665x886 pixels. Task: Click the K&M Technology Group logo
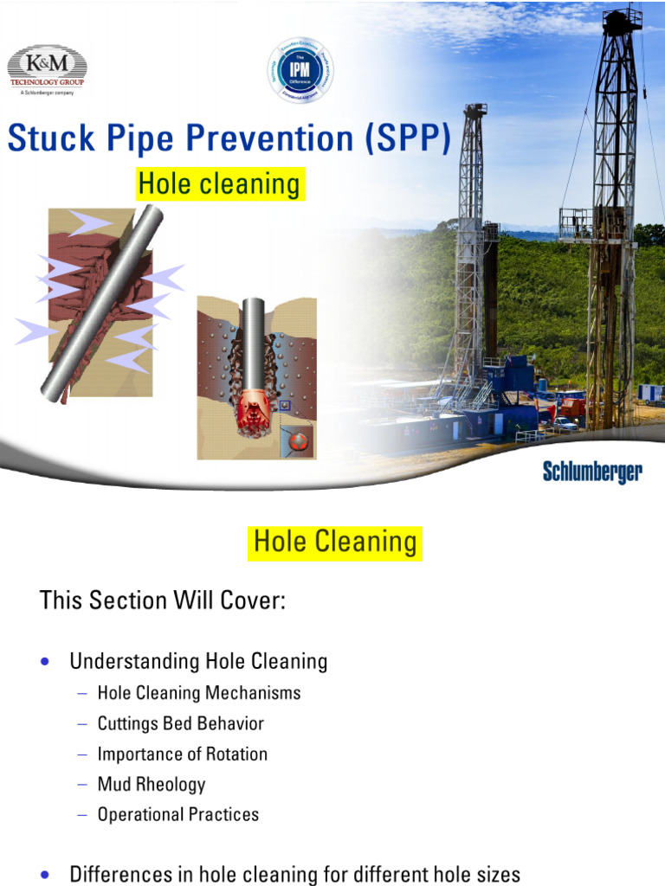tap(47, 69)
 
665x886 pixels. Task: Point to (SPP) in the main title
tap(408, 139)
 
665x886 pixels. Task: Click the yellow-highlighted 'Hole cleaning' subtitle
tap(219, 184)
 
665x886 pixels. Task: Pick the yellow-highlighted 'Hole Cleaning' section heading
tap(335, 543)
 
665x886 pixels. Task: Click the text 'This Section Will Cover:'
tap(163, 600)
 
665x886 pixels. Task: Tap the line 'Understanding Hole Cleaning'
tap(198, 662)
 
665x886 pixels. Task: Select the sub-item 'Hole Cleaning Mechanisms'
tap(199, 693)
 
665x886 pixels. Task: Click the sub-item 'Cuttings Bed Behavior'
tap(181, 723)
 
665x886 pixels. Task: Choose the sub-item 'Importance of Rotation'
tap(183, 754)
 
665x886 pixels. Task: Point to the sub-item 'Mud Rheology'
tap(152, 785)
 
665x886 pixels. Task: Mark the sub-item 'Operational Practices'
tap(178, 814)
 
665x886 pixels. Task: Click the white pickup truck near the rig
tap(564, 424)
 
